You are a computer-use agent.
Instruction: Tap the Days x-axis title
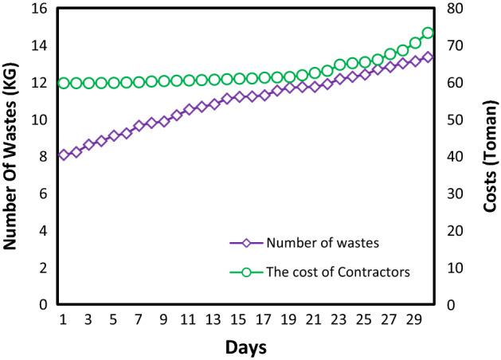coord(245,347)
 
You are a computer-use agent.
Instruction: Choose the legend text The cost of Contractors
coord(339,272)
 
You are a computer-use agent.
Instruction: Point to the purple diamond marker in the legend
coord(247,244)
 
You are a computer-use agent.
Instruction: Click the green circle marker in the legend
coord(247,272)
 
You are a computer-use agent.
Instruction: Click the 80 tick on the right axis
coord(450,9)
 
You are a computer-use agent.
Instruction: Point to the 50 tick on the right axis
coord(450,119)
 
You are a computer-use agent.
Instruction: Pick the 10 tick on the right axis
coord(450,268)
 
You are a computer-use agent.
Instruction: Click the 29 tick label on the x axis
coord(414,319)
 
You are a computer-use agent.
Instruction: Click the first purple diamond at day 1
coord(64,155)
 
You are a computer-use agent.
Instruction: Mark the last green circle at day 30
coord(428,33)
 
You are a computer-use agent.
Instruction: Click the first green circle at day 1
coord(64,83)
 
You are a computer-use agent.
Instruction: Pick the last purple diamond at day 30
coord(428,57)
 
